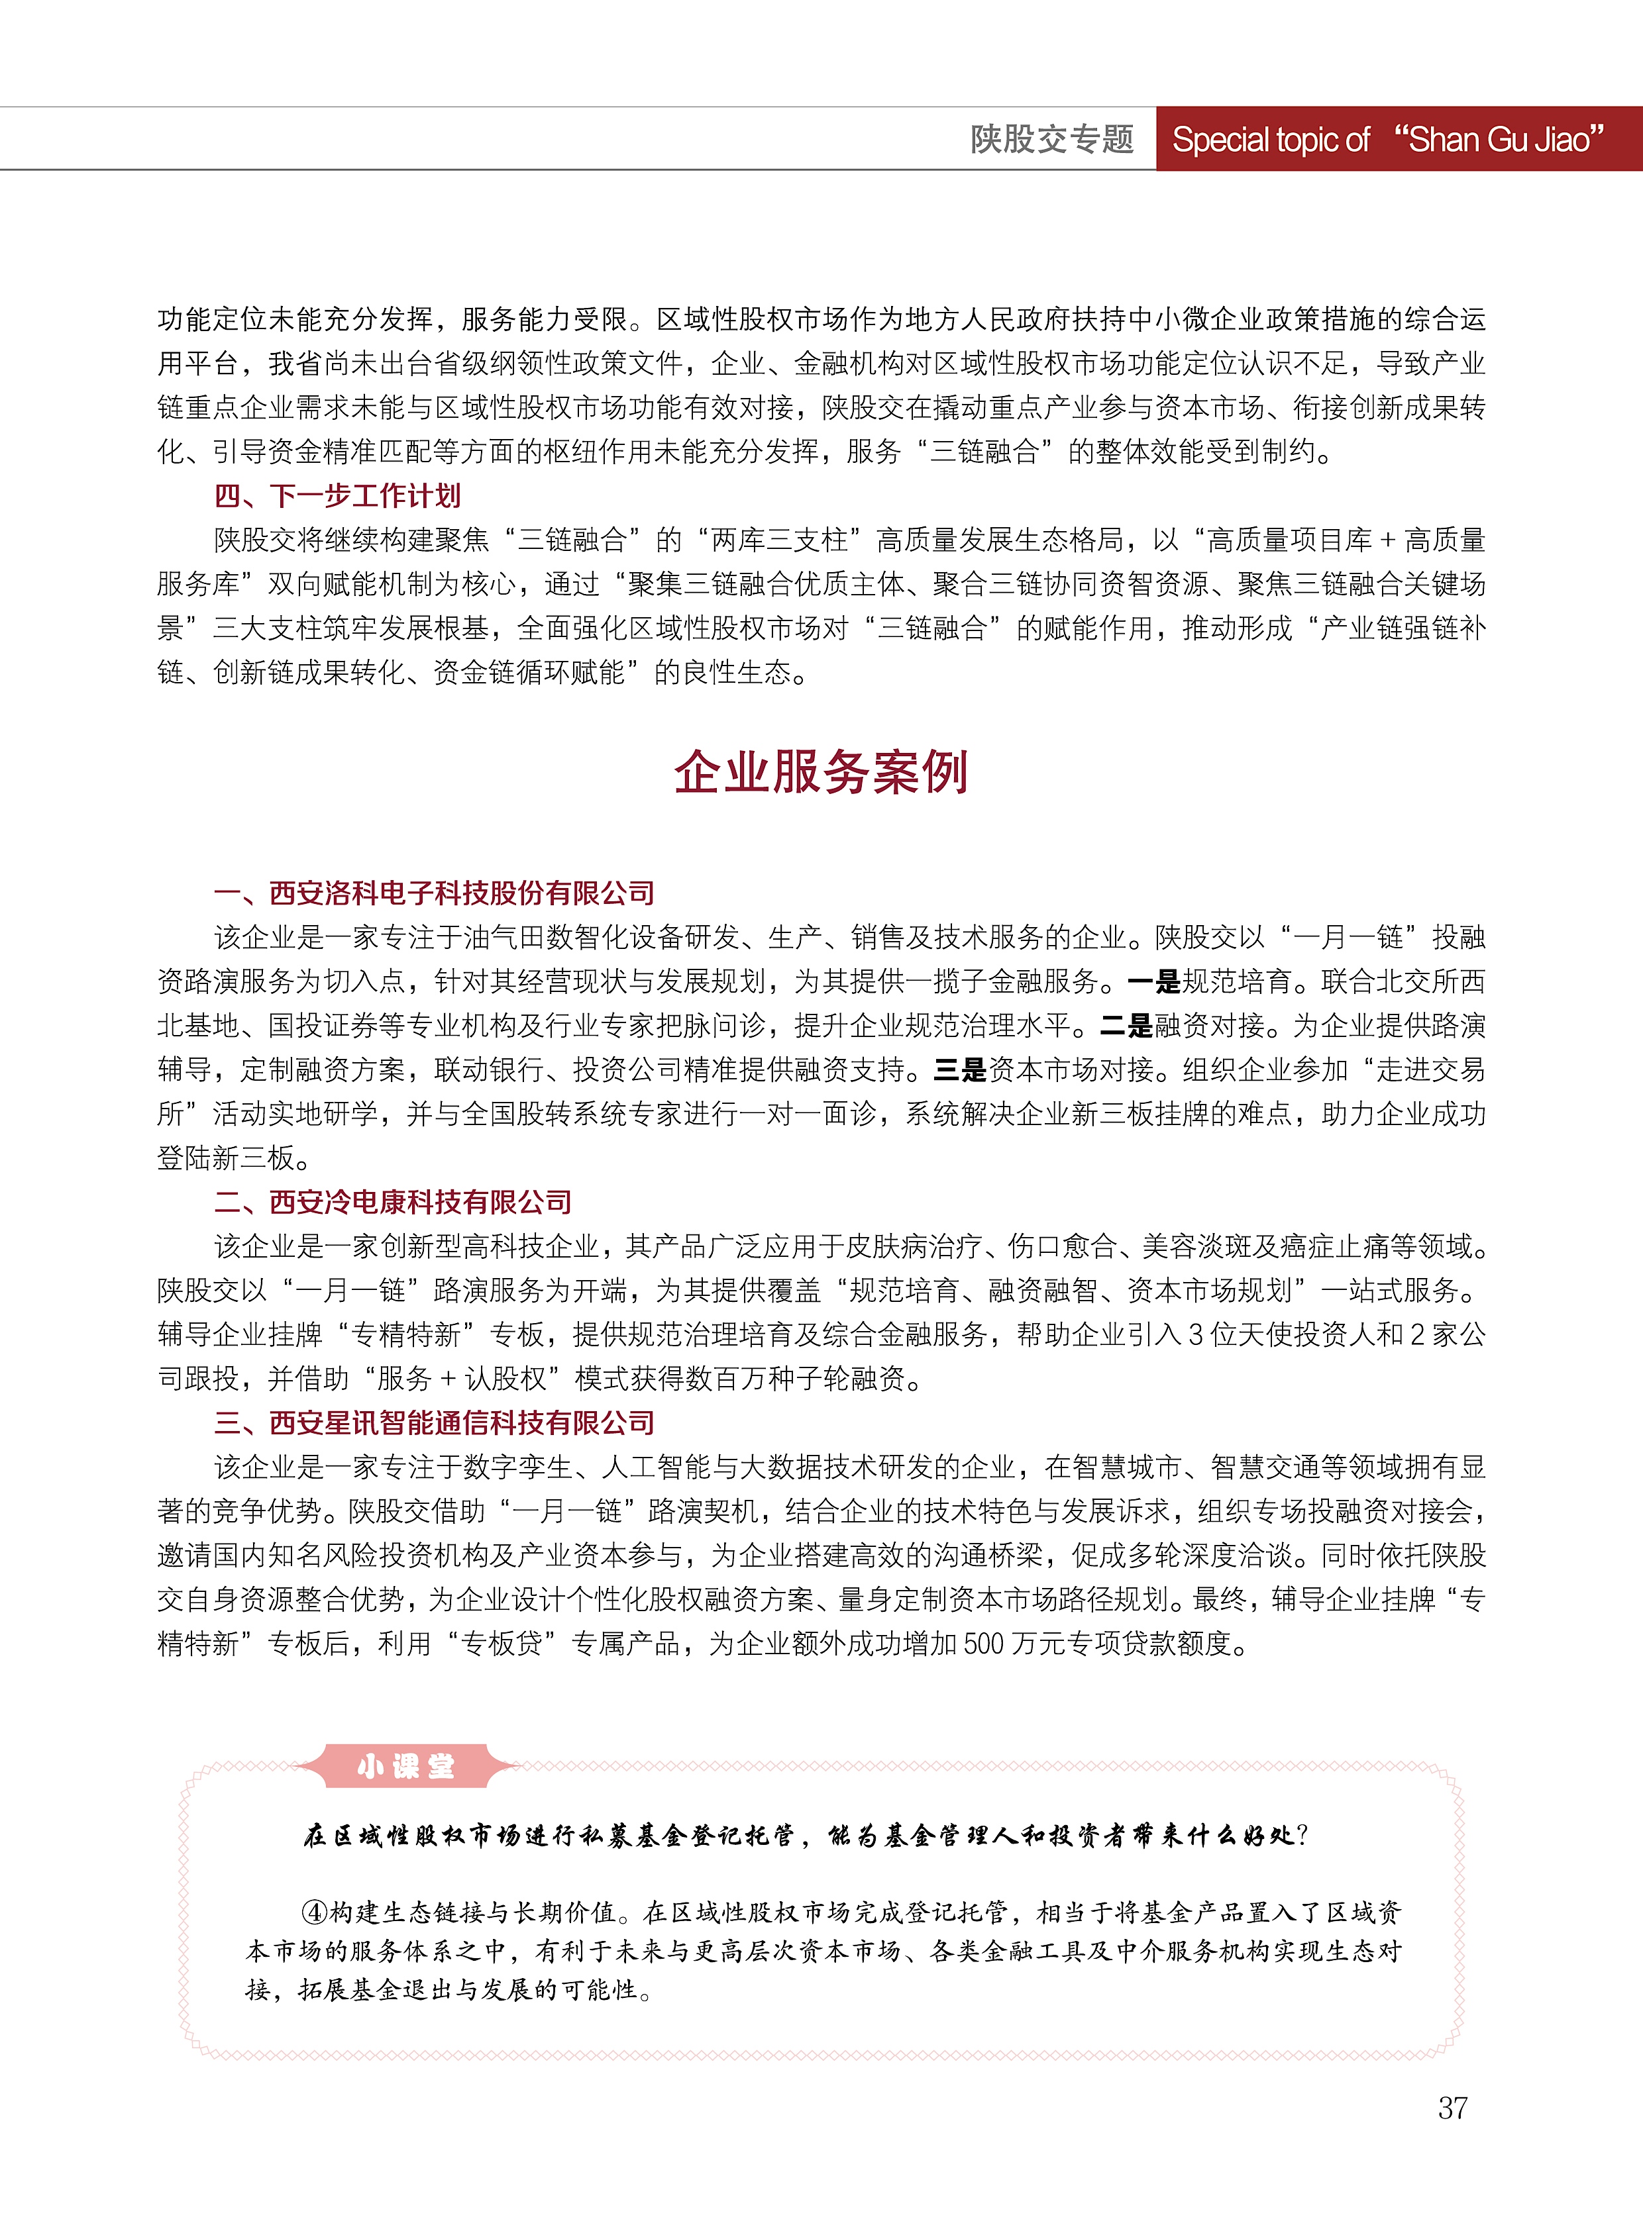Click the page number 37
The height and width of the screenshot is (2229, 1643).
[1452, 2106]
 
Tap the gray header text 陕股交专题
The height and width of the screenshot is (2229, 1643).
[1051, 139]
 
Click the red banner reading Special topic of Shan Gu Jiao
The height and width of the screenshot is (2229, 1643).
[1389, 139]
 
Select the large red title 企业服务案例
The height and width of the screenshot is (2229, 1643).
[820, 773]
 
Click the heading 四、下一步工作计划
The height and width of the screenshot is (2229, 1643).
[337, 495]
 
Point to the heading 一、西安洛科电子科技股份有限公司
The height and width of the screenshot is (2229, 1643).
[434, 893]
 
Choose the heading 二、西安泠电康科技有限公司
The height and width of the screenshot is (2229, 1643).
[393, 1202]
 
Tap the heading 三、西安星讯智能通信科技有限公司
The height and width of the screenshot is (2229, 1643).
[434, 1422]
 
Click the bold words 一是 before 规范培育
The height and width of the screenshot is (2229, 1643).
[1153, 982]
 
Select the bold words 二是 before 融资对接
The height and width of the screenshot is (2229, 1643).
[1126, 1026]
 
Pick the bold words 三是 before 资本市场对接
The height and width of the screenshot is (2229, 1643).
[960, 1069]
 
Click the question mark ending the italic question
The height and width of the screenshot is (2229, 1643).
[1303, 1835]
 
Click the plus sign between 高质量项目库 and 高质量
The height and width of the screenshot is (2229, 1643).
[1389, 540]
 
